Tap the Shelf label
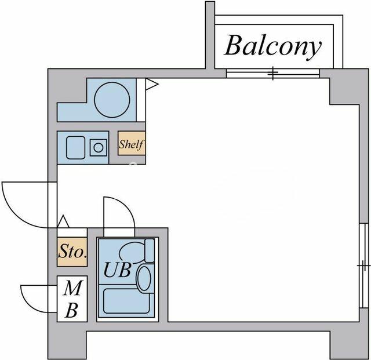tap(131, 145)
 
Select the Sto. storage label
tap(72, 252)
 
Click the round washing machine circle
tap(112, 99)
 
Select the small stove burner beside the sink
tap(99, 147)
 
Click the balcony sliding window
tap(272, 73)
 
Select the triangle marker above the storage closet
tap(63, 221)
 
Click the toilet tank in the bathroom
tap(150, 250)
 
